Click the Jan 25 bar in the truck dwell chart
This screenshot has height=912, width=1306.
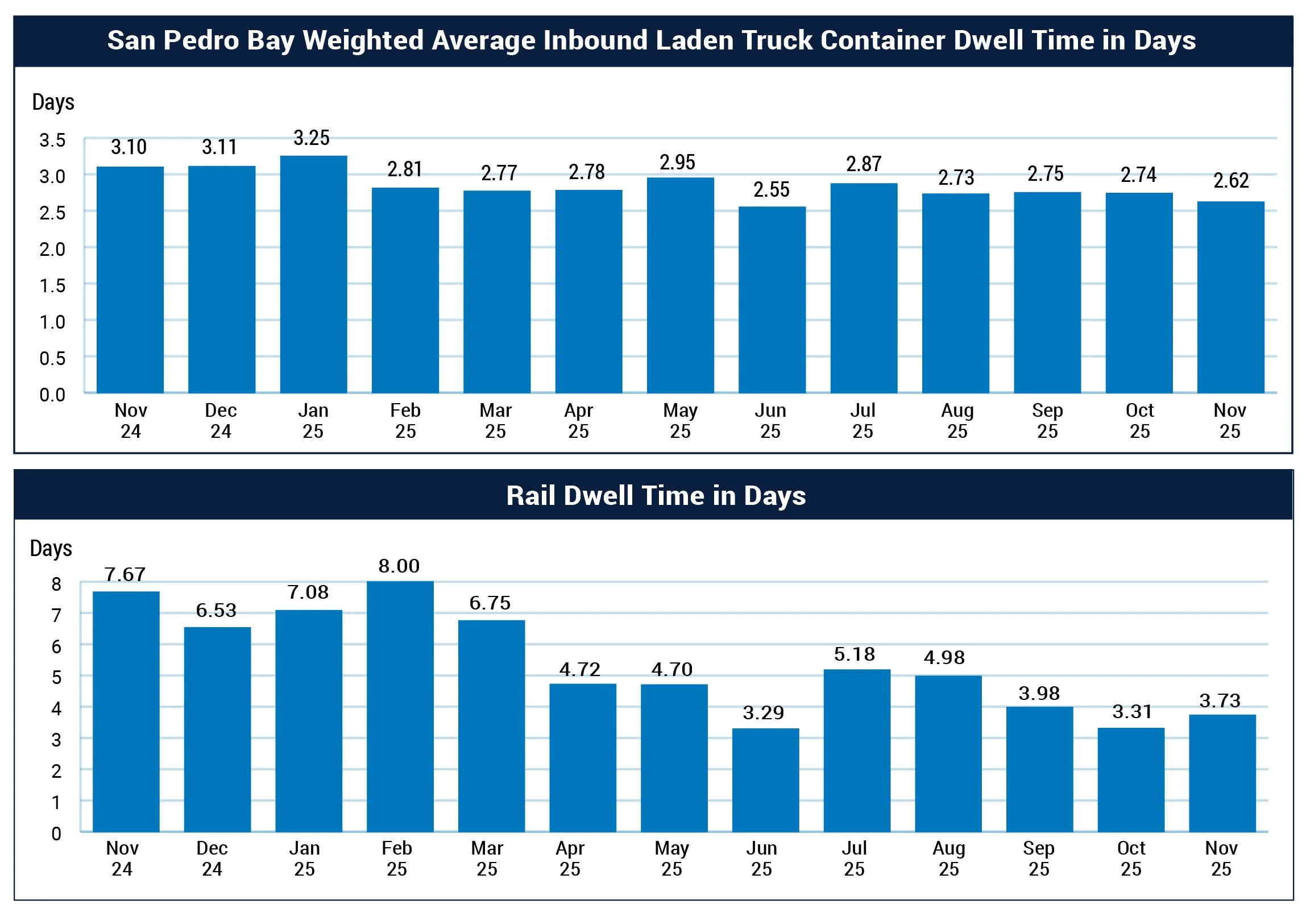pos(313,274)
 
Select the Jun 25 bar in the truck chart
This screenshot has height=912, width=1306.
pos(772,299)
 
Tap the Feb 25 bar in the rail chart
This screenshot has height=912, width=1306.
pos(400,706)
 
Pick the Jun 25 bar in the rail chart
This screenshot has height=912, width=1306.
pos(765,780)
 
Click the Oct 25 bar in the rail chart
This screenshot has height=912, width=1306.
pos(1131,780)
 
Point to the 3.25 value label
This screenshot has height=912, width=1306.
pos(311,138)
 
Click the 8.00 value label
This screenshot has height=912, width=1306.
pos(399,566)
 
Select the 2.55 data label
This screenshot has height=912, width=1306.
pos(772,189)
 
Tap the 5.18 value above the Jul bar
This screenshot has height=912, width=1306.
pos(855,654)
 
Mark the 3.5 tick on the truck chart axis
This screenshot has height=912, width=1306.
pos(52,140)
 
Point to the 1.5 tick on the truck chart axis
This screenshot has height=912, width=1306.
pos(52,285)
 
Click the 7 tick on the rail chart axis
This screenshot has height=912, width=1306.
pos(56,615)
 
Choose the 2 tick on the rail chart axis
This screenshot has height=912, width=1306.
pos(56,771)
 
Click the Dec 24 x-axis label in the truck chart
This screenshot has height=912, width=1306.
pos(221,420)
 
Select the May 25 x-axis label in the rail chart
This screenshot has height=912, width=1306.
pos(672,858)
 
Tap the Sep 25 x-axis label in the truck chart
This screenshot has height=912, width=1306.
pos(1047,420)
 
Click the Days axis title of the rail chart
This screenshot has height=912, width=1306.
pos(51,549)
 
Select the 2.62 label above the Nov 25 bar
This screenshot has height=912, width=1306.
pos(1231,180)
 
